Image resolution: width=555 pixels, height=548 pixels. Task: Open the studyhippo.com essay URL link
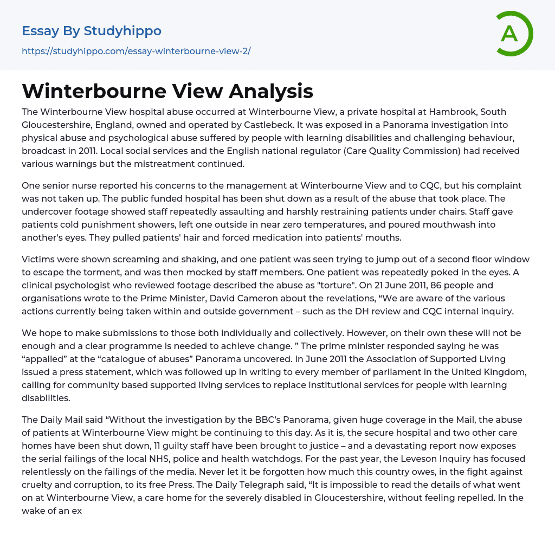click(x=136, y=51)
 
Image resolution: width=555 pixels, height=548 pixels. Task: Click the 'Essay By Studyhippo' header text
click(x=92, y=31)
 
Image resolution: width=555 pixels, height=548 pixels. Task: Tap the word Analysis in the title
click(x=270, y=91)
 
